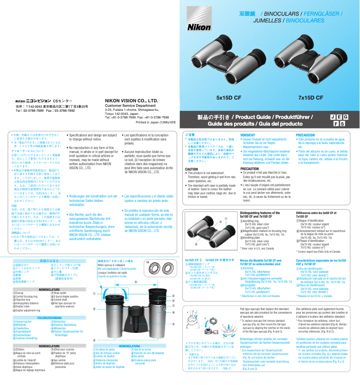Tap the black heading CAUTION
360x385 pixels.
[x=192, y=169]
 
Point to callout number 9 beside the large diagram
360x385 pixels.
[x=173, y=324]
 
